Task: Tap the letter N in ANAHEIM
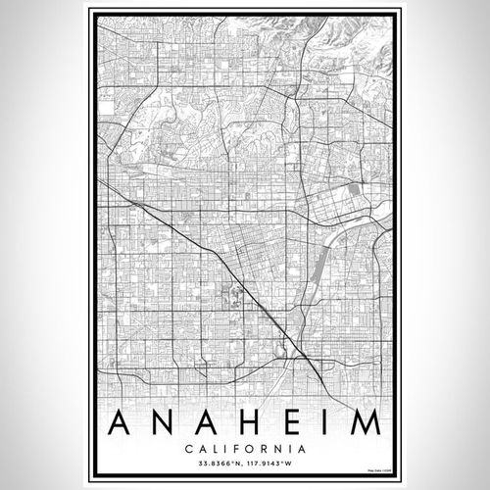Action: coord(163,423)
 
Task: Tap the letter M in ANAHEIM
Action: coord(362,423)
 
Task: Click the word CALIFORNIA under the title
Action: coord(243,450)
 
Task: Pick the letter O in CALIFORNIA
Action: coord(245,450)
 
